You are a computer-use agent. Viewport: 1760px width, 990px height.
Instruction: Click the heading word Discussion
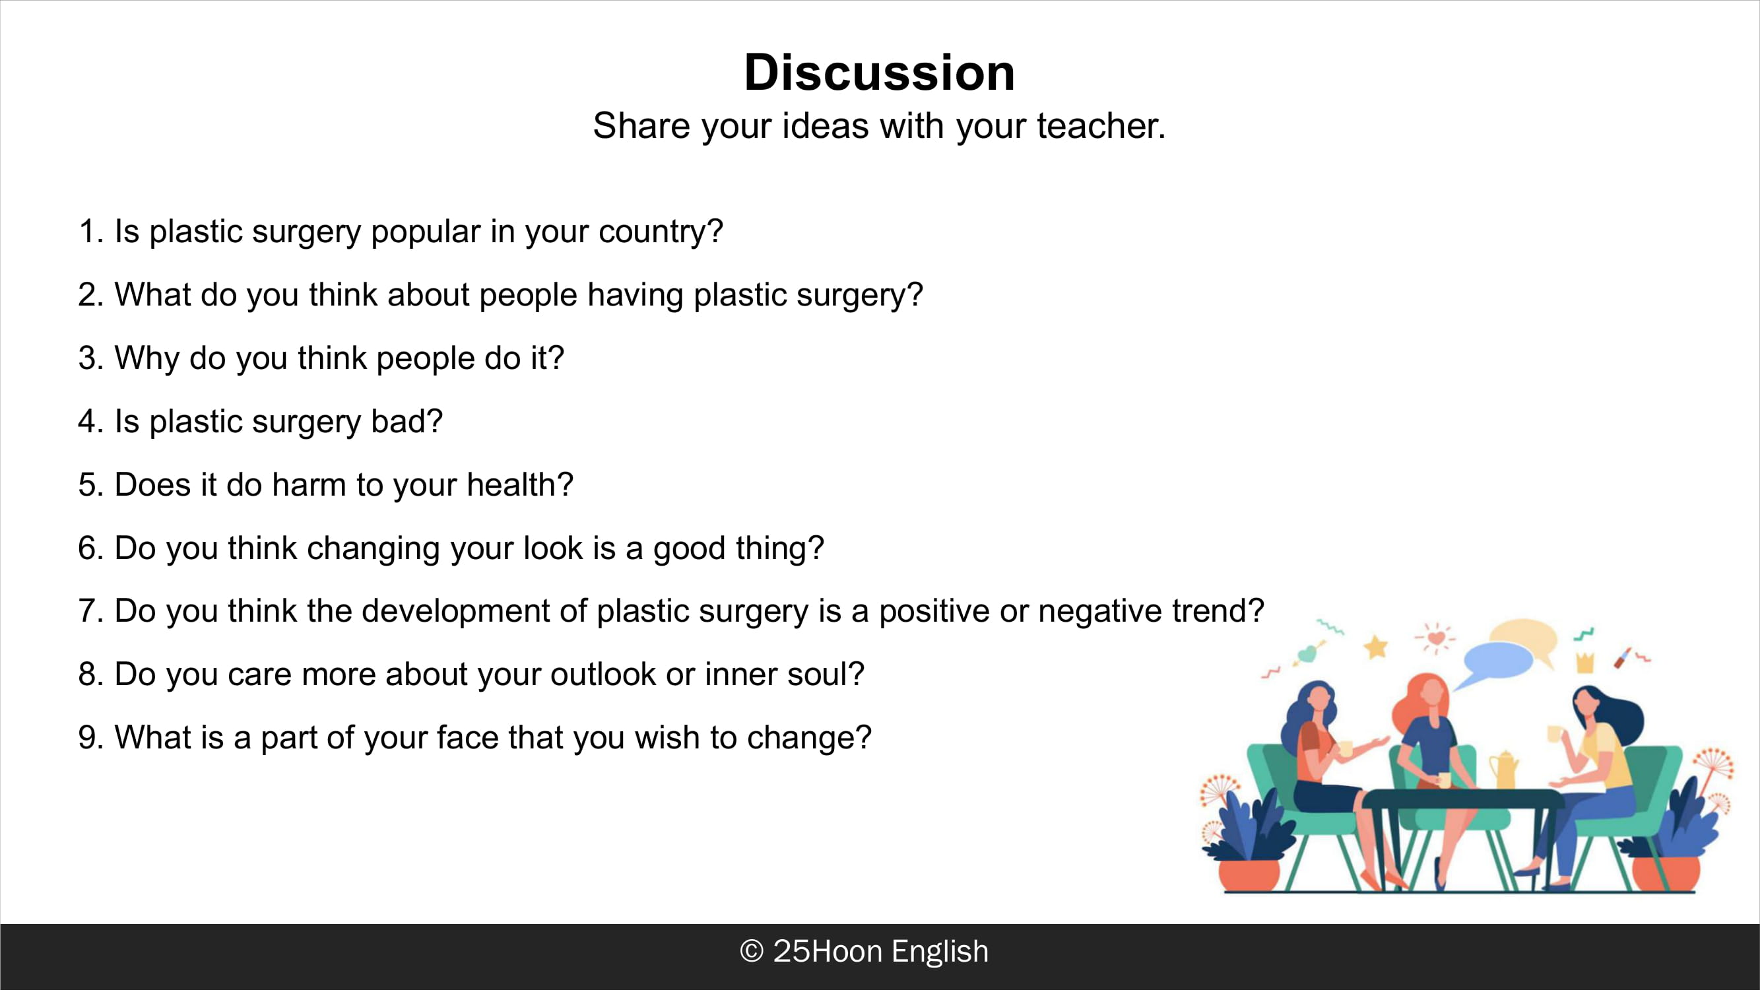879,73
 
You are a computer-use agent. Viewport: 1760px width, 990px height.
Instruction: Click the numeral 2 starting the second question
86,295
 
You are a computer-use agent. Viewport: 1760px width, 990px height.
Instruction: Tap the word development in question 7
455,612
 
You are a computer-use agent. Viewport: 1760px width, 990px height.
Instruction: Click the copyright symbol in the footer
752,951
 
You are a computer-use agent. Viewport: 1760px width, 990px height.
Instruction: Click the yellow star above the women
1376,645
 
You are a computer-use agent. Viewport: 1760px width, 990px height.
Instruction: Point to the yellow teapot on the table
1503,770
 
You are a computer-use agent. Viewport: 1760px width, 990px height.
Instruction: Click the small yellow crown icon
1585,662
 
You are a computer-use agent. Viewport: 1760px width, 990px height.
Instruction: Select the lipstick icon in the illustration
1623,657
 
